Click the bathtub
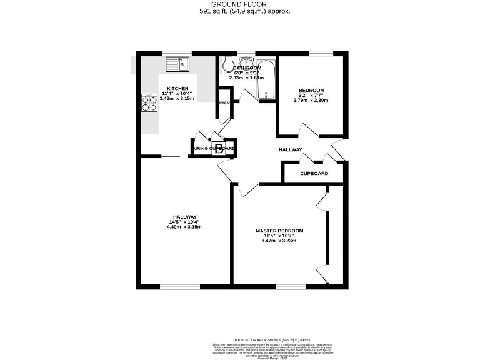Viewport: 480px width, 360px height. coord(266,79)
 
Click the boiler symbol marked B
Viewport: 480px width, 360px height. coord(219,149)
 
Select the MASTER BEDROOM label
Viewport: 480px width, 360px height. coord(279,231)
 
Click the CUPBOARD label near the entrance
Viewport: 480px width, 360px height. coord(314,173)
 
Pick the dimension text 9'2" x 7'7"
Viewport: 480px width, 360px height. coord(311,95)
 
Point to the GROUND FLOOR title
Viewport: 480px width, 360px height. coord(240,4)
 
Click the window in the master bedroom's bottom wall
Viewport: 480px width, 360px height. coord(288,287)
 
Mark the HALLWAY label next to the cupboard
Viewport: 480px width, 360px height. coord(290,150)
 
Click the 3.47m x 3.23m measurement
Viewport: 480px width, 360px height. coord(279,241)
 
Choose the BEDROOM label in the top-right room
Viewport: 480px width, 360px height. coord(311,90)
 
